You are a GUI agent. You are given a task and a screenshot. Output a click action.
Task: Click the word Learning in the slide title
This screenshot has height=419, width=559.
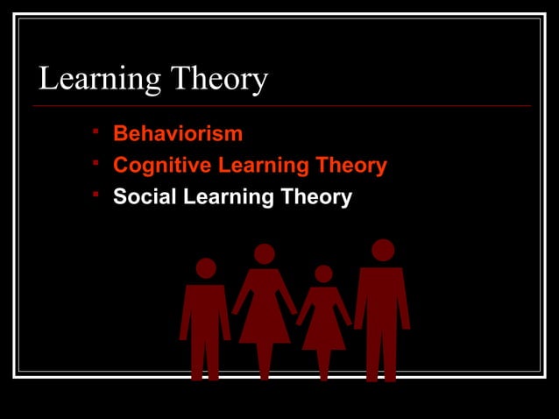(99, 81)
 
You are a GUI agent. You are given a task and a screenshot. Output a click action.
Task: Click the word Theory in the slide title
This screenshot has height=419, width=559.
(219, 81)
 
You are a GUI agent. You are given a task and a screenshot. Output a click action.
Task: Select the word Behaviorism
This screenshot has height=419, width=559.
(178, 135)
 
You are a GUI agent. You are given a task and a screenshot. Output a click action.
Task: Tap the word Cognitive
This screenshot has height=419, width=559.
(162, 166)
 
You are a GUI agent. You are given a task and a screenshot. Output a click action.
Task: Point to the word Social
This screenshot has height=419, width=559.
(144, 197)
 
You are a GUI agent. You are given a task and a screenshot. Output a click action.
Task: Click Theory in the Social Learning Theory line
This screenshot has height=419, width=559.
(316, 197)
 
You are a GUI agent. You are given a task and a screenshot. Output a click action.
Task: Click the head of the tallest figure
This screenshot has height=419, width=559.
(383, 251)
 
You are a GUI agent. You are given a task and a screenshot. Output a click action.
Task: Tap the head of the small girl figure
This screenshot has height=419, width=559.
(323, 274)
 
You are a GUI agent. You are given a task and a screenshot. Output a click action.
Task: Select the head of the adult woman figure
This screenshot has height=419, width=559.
(265, 254)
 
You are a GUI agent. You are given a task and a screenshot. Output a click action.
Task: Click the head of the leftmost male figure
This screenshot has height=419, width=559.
(206, 268)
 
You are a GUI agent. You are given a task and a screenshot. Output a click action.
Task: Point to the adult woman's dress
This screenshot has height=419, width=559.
(265, 311)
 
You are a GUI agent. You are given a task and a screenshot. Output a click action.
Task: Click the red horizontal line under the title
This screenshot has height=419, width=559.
(280, 106)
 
